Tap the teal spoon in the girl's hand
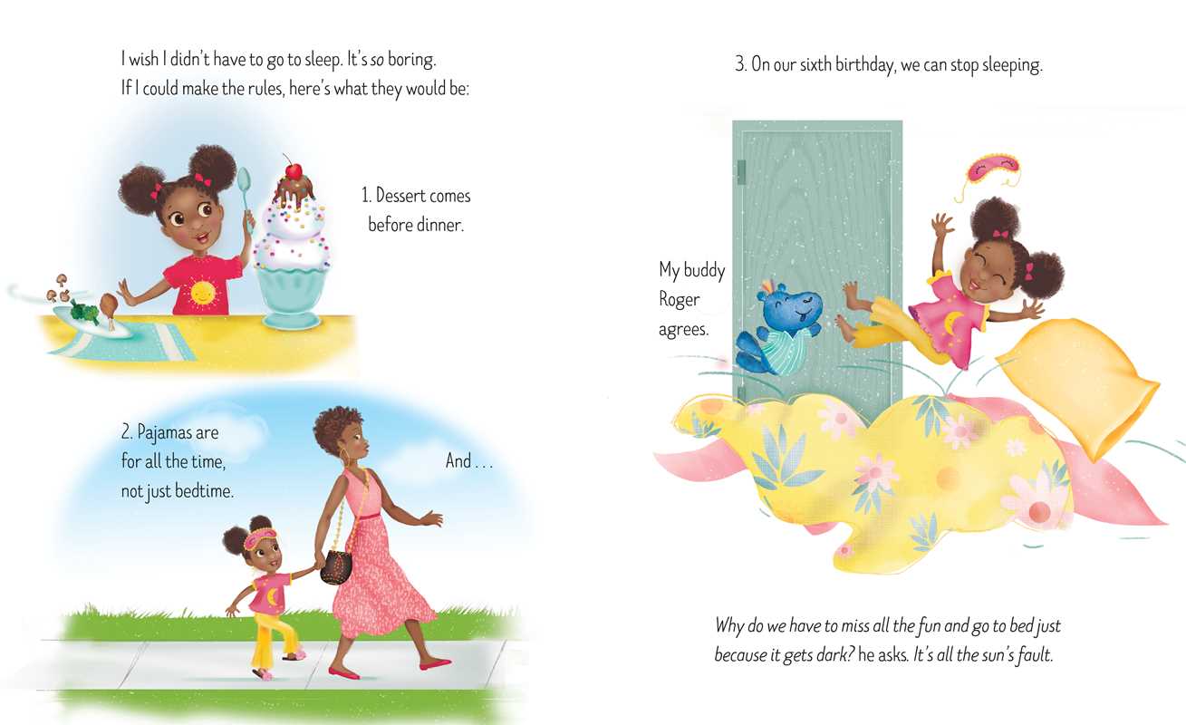(x=246, y=197)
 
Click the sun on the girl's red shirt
(x=202, y=293)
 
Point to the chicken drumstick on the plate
(x=109, y=307)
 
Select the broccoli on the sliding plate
(x=85, y=312)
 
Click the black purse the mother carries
(x=335, y=566)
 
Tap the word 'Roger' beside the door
(x=680, y=300)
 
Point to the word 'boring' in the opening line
(x=411, y=60)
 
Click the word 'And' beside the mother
(x=458, y=460)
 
